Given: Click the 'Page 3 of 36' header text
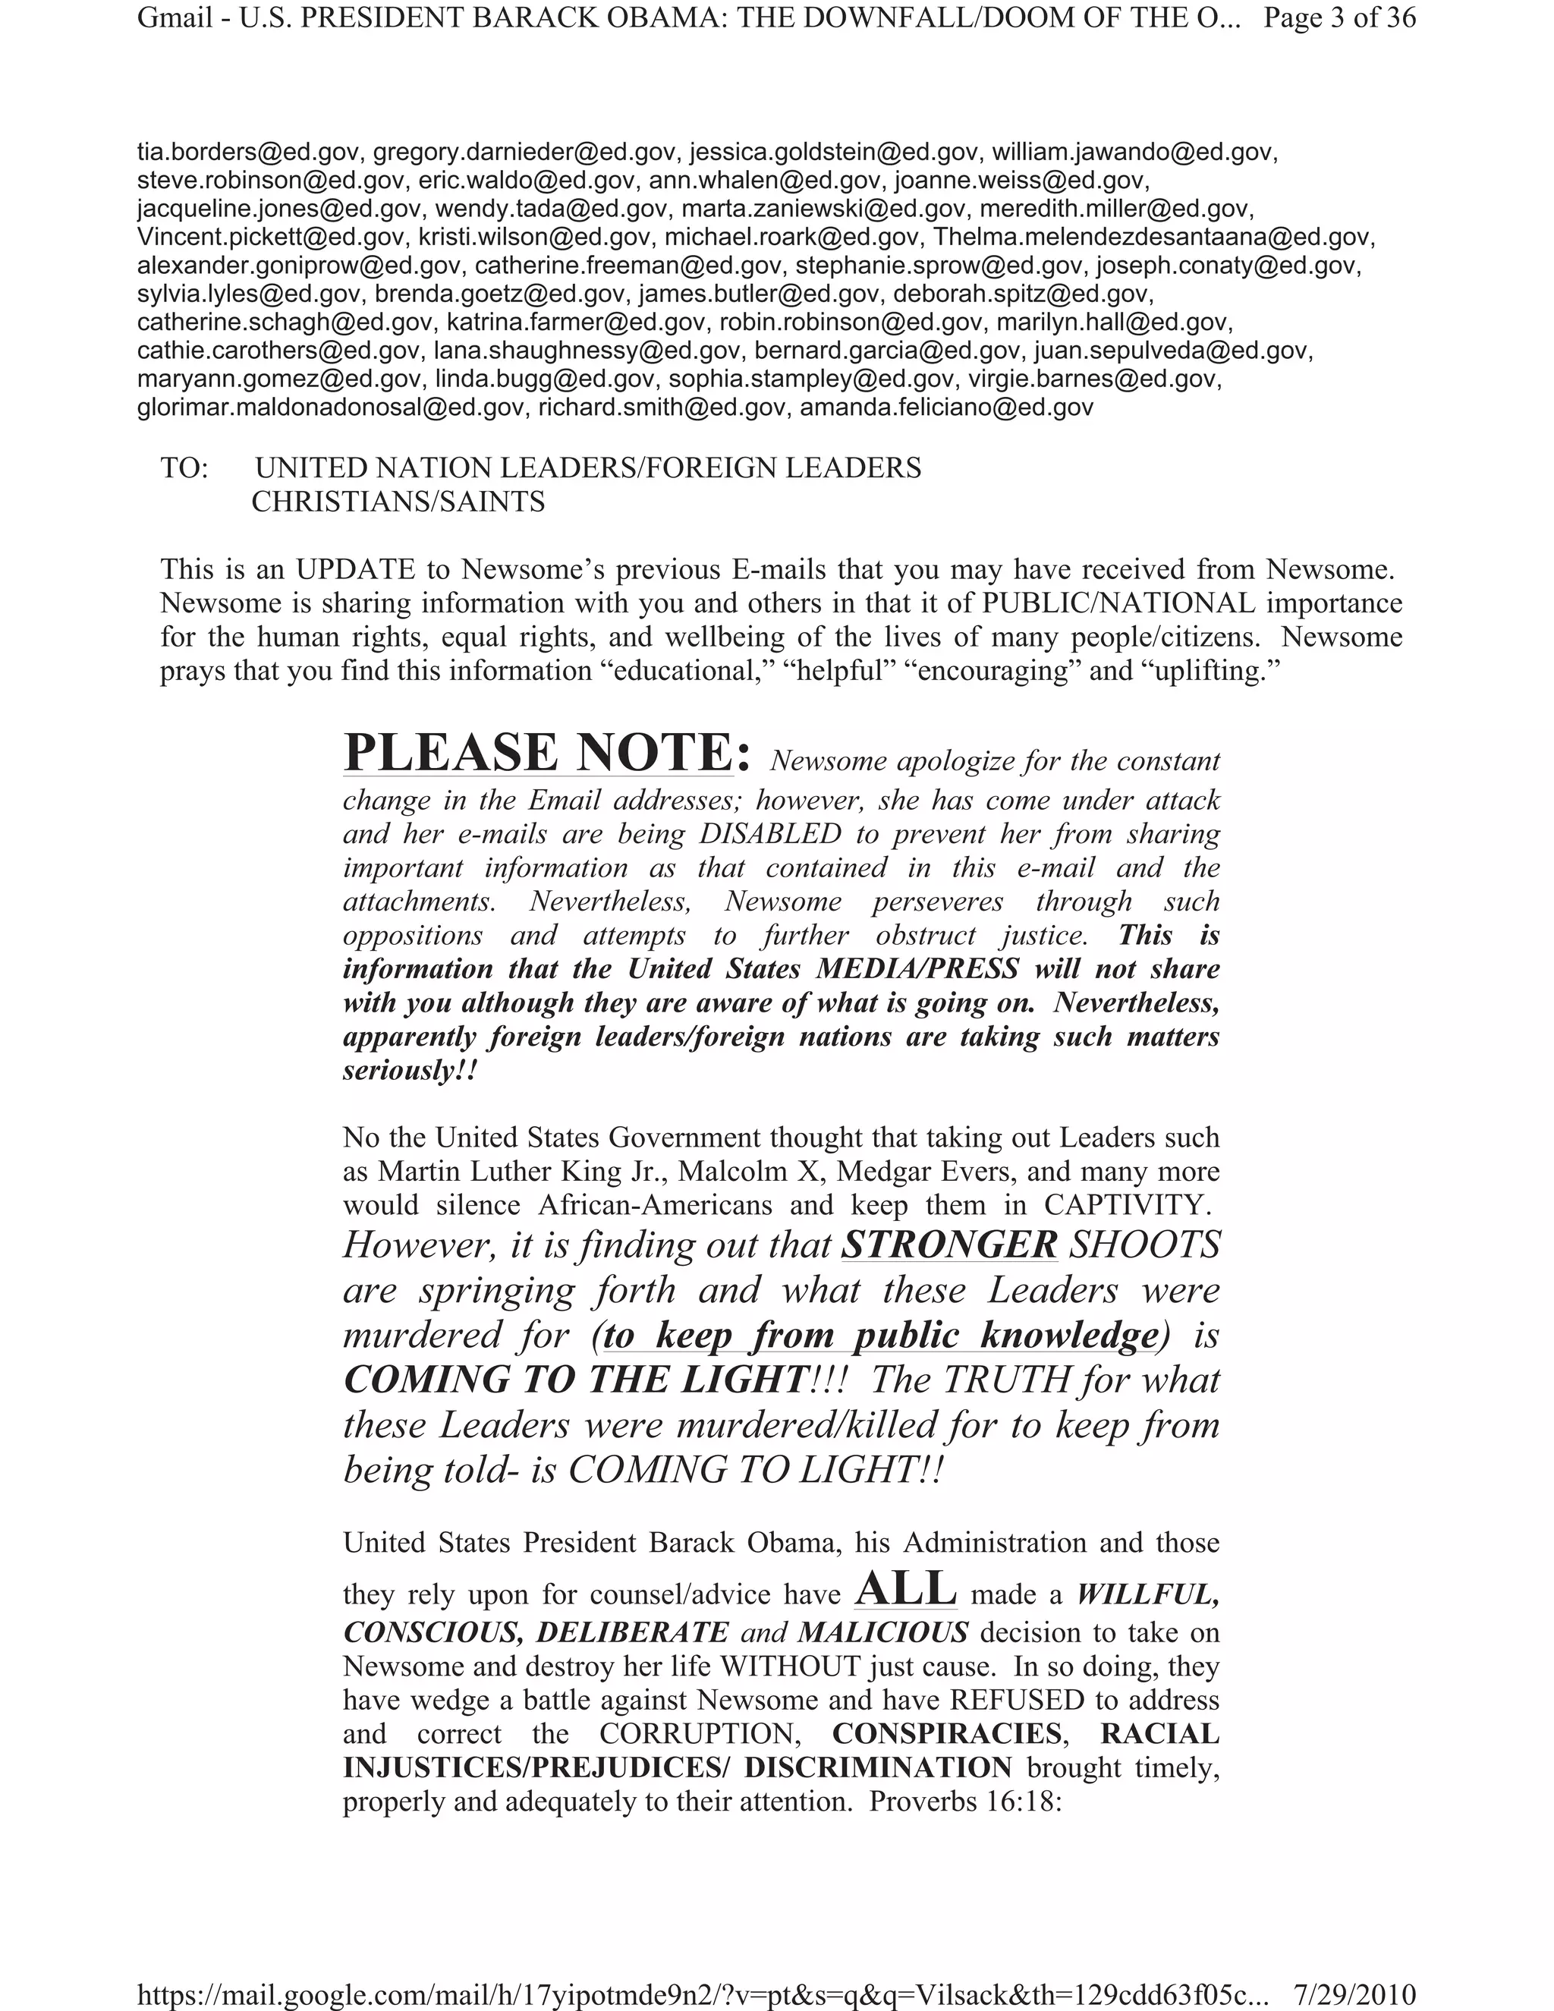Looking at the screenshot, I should coord(1339,18).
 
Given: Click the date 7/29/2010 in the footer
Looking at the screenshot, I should coord(1354,1994).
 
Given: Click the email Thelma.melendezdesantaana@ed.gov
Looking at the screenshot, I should coord(1153,237).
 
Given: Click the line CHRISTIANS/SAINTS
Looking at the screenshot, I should coord(398,502).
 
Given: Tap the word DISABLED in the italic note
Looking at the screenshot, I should coord(769,833).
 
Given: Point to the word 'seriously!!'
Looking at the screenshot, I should coord(411,1071).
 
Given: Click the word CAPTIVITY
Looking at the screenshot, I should coord(1125,1205).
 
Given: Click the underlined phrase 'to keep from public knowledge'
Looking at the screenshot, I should coord(880,1335).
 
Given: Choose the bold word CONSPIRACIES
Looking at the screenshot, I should coord(947,1734).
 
